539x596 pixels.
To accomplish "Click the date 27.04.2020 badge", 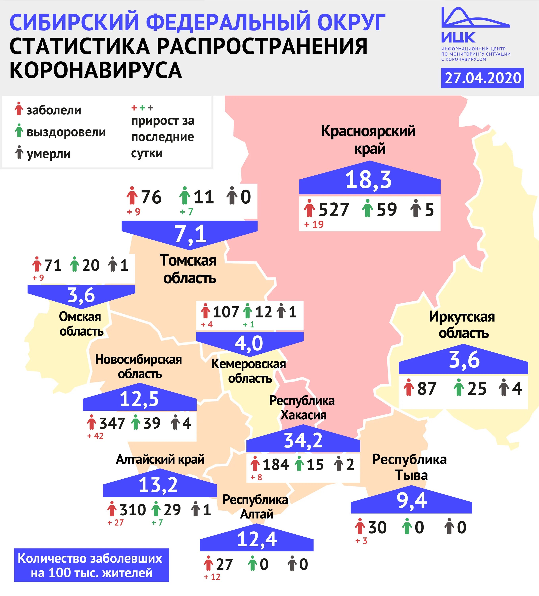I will point(483,78).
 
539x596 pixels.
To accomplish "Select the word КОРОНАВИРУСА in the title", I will point(96,70).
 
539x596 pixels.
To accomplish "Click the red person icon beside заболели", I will point(19,109).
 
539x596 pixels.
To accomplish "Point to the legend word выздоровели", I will point(66,132).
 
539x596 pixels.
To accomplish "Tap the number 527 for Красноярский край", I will point(334,210).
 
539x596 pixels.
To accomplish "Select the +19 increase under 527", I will point(314,225).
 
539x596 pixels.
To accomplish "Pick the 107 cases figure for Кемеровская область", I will point(226,312).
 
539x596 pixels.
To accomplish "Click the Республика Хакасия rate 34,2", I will point(303,440).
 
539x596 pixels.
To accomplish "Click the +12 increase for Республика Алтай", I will point(212,577).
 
